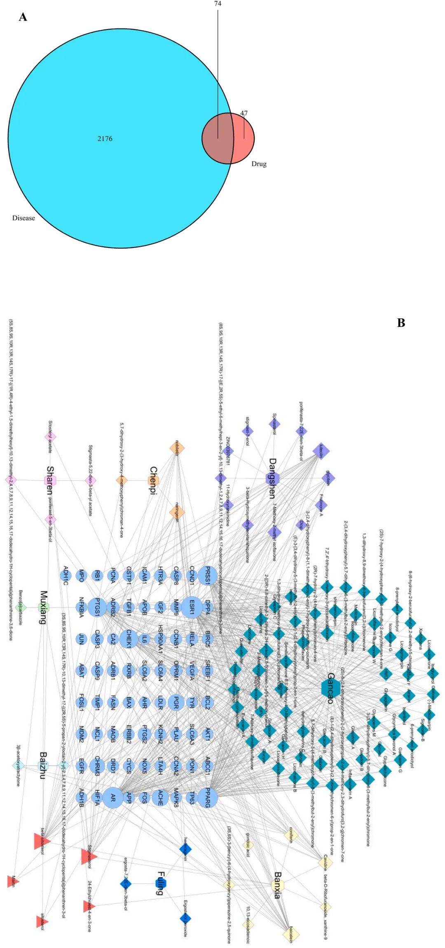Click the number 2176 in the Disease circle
pos(105,139)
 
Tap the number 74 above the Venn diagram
pos(218,4)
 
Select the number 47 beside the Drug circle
pos(244,113)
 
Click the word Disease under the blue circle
pos(23,218)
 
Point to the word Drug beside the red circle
pos(259,164)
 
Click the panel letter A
pos(23,17)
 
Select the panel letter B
pos(401,323)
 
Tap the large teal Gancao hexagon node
pos(330,688)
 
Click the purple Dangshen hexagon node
pos(273,479)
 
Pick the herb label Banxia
pos(278,885)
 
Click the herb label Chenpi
pos(153,481)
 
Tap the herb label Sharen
pos(50,480)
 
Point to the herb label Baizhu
pos(43,766)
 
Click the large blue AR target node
pos(112,798)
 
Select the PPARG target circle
pos(208,798)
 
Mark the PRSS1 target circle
pos(208,575)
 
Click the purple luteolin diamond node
pos(321,451)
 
